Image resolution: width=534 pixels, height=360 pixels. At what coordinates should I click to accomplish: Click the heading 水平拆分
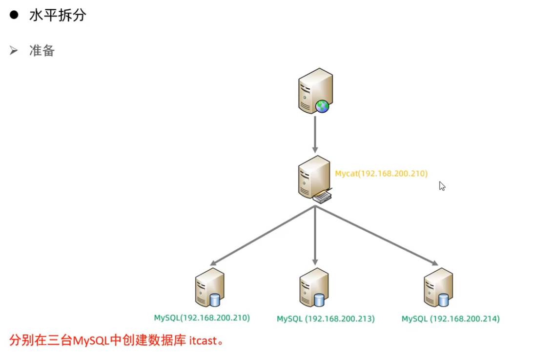click(58, 16)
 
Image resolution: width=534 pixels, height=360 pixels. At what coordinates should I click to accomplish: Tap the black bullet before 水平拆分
click(14, 16)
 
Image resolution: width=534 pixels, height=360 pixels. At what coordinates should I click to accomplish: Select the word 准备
click(42, 51)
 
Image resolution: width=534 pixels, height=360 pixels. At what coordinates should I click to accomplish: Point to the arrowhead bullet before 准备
click(14, 51)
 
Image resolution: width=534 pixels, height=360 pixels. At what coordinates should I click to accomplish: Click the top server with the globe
click(314, 91)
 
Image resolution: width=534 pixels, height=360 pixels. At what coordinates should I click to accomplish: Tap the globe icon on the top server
click(322, 106)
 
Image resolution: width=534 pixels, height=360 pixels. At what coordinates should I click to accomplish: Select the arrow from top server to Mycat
click(315, 135)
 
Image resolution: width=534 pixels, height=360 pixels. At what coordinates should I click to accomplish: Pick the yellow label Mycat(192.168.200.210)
click(381, 173)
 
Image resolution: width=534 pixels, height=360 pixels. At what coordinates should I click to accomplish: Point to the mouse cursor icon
click(442, 186)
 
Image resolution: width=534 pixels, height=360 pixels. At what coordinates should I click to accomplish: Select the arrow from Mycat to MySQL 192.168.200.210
click(262, 235)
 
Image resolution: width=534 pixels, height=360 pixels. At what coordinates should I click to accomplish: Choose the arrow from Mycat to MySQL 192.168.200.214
click(376, 236)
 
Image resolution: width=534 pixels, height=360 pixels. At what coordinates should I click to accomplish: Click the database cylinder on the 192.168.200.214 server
click(444, 300)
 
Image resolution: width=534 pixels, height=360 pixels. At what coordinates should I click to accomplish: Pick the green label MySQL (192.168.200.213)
click(326, 319)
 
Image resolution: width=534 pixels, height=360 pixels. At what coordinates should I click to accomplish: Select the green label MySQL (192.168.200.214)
click(451, 319)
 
